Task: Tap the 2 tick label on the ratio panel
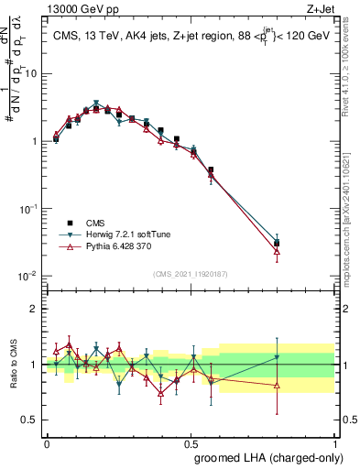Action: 34,309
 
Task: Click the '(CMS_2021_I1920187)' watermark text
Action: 190,273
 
